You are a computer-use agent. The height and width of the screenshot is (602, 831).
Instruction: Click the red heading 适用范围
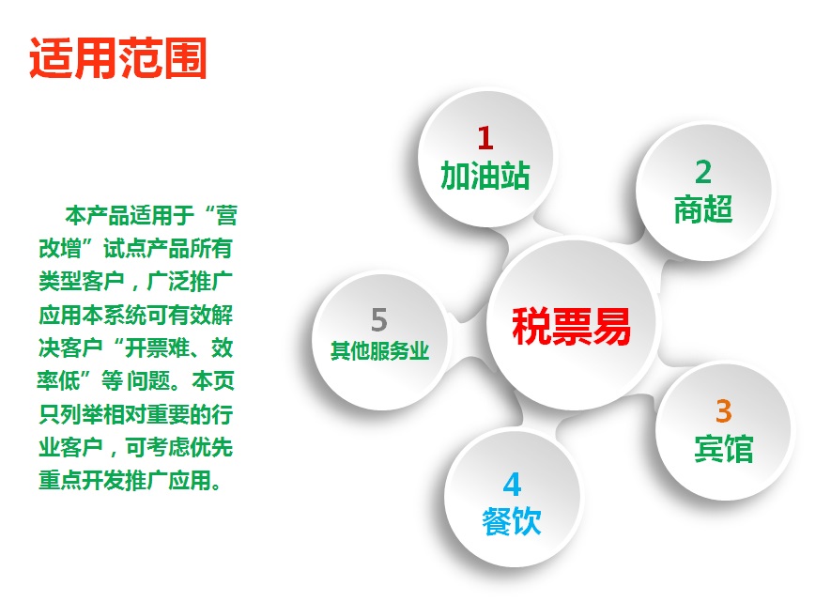(x=117, y=58)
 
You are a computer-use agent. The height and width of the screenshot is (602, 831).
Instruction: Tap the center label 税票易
(x=571, y=325)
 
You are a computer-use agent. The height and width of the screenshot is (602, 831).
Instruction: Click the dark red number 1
(x=485, y=138)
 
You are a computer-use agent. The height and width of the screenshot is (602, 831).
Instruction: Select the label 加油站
(x=485, y=176)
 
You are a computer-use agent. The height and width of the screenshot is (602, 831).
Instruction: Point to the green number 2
(x=703, y=172)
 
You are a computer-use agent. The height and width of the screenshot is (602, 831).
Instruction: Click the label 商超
(x=703, y=208)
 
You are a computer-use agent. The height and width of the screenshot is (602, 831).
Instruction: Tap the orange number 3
(x=723, y=411)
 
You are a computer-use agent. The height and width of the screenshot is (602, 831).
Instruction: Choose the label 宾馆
(x=723, y=448)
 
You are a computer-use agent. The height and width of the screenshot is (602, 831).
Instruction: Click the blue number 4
(x=512, y=485)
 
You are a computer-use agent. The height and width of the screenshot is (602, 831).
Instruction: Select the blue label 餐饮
(x=512, y=521)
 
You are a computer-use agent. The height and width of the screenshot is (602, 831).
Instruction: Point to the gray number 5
(x=379, y=319)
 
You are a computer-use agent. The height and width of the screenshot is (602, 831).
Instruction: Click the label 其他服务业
(x=379, y=351)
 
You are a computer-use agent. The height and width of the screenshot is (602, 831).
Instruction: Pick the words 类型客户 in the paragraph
(x=81, y=282)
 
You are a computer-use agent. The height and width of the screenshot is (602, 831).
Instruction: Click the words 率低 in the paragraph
(x=58, y=380)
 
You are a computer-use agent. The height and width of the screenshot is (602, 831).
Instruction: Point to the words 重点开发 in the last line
(x=81, y=480)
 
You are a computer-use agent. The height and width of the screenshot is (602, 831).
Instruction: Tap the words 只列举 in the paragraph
(x=70, y=414)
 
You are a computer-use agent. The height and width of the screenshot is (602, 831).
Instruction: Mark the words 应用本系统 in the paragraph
(x=92, y=315)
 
